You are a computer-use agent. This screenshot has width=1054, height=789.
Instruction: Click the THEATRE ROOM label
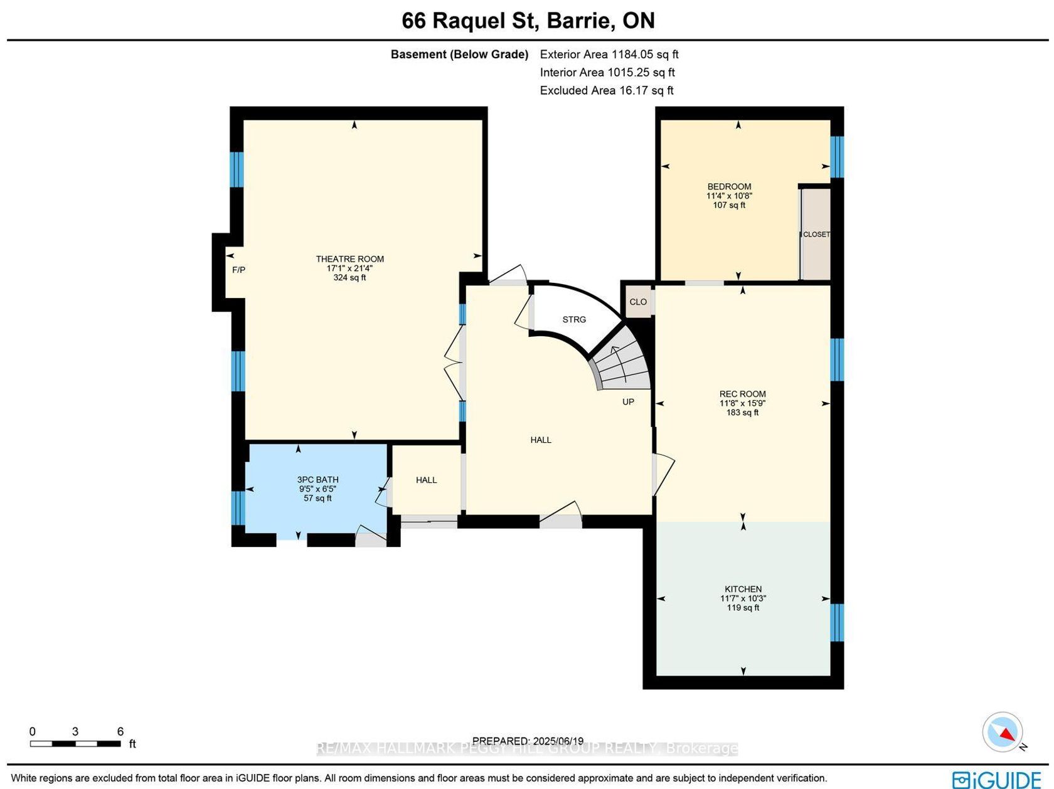pyautogui.click(x=349, y=258)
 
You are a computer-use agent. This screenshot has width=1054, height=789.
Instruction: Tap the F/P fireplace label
pyautogui.click(x=238, y=270)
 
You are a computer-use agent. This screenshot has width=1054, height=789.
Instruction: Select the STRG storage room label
pyautogui.click(x=574, y=319)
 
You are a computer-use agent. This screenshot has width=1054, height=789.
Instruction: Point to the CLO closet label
pyautogui.click(x=637, y=302)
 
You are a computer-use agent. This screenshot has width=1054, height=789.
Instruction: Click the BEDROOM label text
pyautogui.click(x=729, y=186)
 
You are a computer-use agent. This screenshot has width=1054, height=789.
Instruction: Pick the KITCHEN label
pyautogui.click(x=743, y=589)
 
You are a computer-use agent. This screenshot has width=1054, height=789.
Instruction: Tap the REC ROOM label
pyautogui.click(x=742, y=394)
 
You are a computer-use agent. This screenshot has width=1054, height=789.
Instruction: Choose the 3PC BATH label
pyautogui.click(x=317, y=479)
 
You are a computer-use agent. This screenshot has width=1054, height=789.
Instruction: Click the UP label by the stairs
pyautogui.click(x=628, y=401)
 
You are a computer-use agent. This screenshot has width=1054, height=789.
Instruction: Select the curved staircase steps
pyautogui.click(x=622, y=361)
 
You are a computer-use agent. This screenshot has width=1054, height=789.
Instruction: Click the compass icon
pyautogui.click(x=1003, y=732)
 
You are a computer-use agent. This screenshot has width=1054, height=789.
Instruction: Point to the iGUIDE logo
pyautogui.click(x=997, y=779)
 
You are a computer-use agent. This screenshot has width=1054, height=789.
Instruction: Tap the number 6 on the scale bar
pyautogui.click(x=120, y=731)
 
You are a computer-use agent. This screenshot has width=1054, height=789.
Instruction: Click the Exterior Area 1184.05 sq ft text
pyautogui.click(x=609, y=54)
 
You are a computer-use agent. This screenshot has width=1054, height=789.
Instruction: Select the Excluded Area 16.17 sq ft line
pyautogui.click(x=607, y=90)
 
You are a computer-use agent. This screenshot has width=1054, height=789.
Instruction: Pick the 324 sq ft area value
pyautogui.click(x=349, y=277)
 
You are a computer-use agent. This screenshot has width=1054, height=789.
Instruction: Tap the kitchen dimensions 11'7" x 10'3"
pyautogui.click(x=743, y=598)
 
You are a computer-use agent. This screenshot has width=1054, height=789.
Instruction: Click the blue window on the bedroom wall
pyautogui.click(x=837, y=157)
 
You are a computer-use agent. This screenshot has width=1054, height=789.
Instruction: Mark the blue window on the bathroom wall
pyautogui.click(x=238, y=508)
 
